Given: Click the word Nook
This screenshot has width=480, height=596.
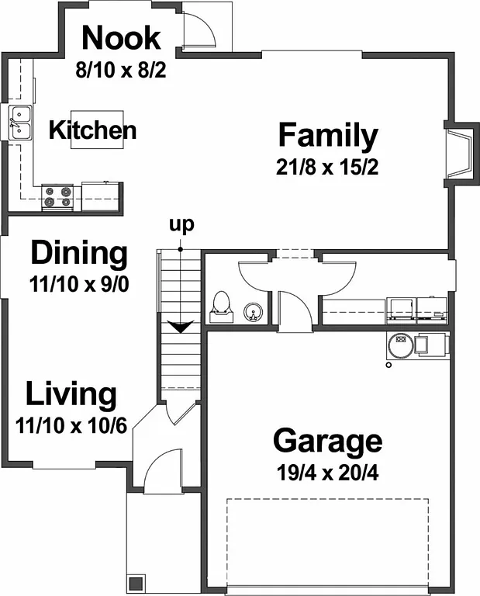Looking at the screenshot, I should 121,38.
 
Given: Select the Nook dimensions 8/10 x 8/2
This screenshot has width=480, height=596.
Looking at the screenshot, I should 121,70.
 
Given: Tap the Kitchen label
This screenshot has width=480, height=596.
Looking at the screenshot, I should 92,130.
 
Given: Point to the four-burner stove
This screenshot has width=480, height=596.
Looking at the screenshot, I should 57,197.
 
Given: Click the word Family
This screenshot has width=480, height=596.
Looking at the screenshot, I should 328,136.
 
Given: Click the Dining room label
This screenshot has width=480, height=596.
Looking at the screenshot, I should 78,253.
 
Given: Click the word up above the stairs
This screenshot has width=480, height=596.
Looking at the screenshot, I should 181,225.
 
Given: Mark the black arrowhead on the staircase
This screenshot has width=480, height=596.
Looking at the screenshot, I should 180,327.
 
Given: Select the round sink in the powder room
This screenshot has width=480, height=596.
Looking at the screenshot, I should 252,313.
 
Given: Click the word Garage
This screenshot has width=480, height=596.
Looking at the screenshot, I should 326,441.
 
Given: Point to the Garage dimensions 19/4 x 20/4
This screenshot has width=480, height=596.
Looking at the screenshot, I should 326,472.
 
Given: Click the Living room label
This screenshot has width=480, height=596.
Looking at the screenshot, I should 71,394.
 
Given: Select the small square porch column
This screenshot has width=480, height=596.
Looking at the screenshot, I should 136,583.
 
